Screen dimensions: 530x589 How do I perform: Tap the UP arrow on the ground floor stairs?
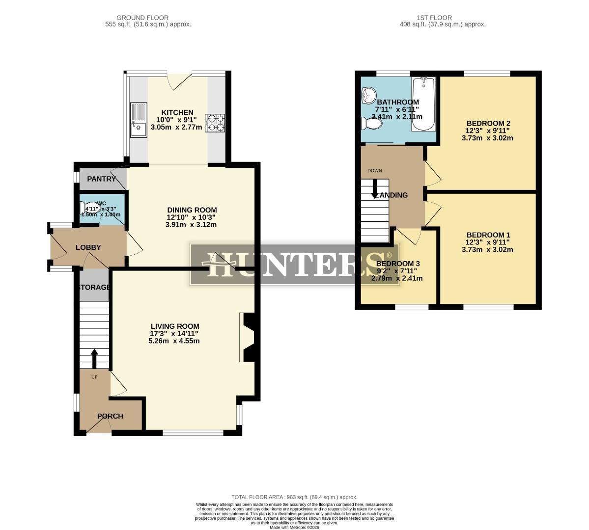pyautogui.click(x=94, y=359)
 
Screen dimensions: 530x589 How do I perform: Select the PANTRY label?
pyautogui.click(x=102, y=179)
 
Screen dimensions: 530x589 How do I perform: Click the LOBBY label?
pyautogui.click(x=88, y=247)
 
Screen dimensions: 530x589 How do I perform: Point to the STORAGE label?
pyautogui.click(x=94, y=287)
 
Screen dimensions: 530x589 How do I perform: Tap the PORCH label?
pyautogui.click(x=110, y=416)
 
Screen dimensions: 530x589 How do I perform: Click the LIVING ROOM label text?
pyautogui.click(x=175, y=326)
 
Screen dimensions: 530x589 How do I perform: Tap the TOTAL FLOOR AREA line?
pyautogui.click(x=294, y=497)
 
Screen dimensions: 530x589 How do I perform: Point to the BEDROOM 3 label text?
pyautogui.click(x=398, y=264)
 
